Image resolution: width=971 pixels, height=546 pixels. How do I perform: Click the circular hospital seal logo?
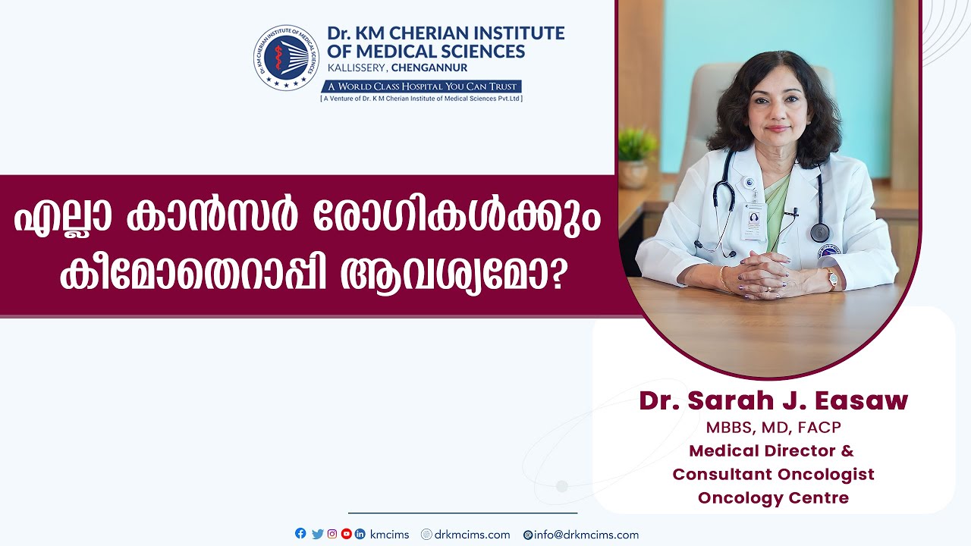coord(286,57)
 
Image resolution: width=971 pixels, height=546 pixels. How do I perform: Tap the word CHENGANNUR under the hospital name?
coord(429,68)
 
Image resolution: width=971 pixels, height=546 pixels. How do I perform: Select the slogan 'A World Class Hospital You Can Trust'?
coord(422,86)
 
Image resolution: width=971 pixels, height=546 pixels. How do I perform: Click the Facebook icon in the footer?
coord(300,533)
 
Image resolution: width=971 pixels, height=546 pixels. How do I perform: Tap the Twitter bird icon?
coord(317,534)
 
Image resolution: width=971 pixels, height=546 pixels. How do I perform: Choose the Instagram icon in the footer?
coord(332,534)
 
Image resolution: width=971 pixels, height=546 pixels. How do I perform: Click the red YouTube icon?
coord(347,534)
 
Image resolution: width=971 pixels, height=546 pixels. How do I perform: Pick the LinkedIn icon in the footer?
coord(360,534)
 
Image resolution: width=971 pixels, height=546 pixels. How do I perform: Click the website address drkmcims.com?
coord(472,535)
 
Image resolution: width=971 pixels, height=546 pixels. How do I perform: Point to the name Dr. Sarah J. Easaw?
coord(773,400)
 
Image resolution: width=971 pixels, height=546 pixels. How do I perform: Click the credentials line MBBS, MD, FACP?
coord(773,428)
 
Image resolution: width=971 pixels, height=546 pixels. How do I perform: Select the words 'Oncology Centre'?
coord(773,497)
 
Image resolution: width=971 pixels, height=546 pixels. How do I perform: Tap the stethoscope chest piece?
coord(820,233)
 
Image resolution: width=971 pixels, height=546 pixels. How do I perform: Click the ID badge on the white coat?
coord(753,221)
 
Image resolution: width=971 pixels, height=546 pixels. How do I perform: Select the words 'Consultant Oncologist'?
coord(773,474)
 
